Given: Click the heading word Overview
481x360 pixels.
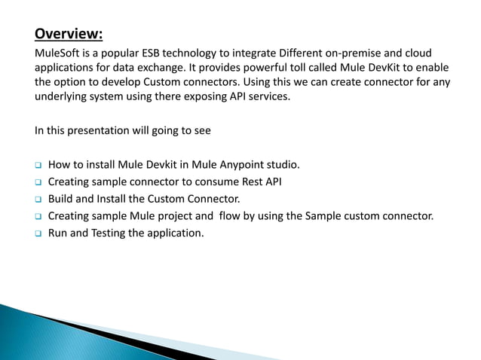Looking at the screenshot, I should [x=68, y=35].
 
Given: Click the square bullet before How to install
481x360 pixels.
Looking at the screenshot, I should [x=37, y=165].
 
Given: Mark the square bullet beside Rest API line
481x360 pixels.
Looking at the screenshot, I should [x=37, y=182].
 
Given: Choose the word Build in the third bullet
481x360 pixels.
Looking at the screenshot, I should [x=61, y=200].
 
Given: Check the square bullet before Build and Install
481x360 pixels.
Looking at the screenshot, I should [x=37, y=200].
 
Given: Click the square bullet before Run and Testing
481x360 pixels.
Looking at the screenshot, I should [x=37, y=233].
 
